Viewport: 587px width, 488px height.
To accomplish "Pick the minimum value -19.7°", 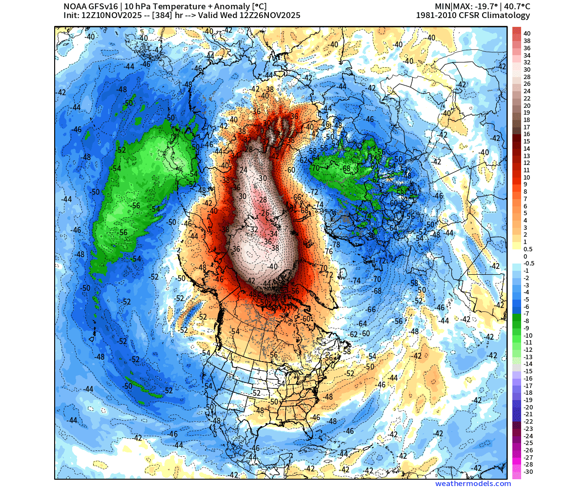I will (486, 6).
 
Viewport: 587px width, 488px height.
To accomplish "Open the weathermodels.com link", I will (473, 484).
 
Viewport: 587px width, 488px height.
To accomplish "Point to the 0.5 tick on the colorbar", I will (528, 249).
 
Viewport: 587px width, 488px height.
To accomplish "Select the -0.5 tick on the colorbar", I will (529, 263).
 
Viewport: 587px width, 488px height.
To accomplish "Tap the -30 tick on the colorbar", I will (528, 471).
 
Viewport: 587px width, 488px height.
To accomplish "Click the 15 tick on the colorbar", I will (526, 141).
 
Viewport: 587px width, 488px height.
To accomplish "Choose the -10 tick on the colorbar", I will (528, 335).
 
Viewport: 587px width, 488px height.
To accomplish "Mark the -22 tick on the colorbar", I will (528, 421).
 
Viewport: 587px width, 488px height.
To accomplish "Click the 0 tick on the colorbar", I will (526, 256).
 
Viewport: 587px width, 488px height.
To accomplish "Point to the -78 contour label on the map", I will (335, 244).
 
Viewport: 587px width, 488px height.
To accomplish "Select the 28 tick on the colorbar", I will (526, 77).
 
